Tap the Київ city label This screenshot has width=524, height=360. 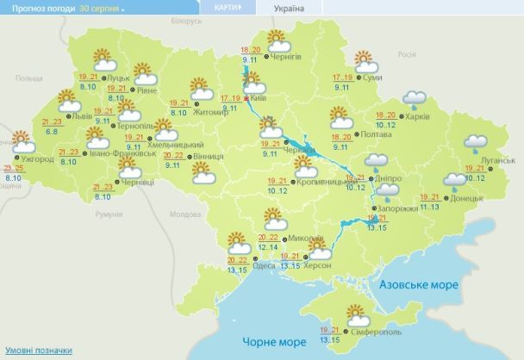pos(259,99)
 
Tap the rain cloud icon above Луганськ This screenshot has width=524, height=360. pos(475,143)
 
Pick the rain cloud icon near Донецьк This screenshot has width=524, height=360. pos(454,182)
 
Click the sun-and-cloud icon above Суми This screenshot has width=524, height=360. pos(365,62)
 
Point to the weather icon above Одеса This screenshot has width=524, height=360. pos(239,244)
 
